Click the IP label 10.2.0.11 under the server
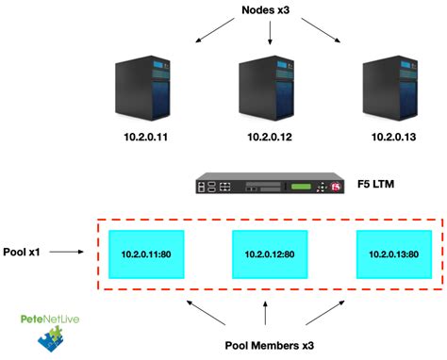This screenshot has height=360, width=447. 142,137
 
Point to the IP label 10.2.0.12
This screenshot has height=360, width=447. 270,137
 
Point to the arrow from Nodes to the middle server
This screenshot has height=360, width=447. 271,35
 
